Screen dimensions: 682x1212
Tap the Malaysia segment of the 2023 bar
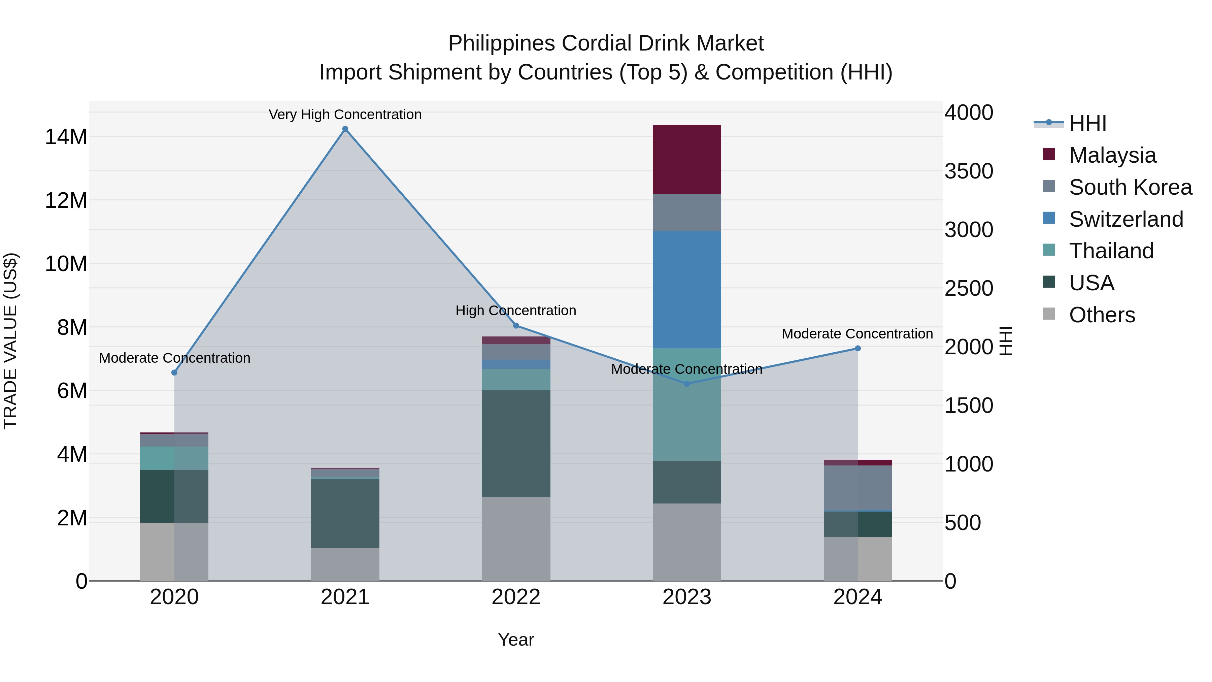coord(686,160)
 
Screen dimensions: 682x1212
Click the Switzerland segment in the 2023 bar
coord(686,289)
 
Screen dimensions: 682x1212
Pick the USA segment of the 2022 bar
coord(516,443)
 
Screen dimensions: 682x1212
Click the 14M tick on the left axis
coord(66,137)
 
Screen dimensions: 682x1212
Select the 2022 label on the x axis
coord(516,597)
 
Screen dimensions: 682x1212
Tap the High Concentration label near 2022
coord(516,311)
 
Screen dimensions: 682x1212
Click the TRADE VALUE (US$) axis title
coord(10,341)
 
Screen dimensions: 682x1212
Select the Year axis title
coord(516,640)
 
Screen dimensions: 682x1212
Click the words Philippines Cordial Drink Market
coord(606,43)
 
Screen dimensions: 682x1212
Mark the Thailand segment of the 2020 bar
coord(174,458)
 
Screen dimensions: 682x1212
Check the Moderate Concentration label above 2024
coord(857,334)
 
